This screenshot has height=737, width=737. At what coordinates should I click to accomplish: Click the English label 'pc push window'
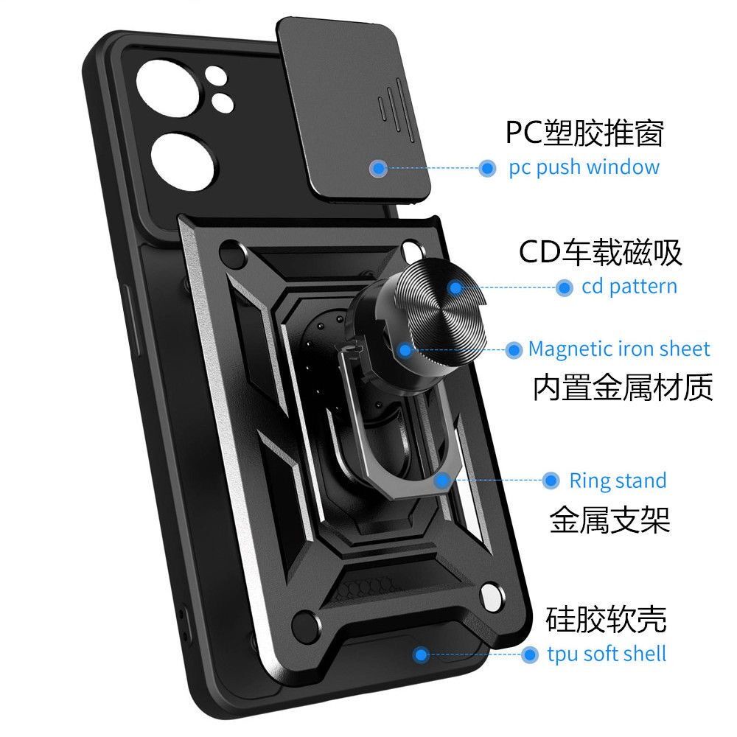tap(584, 167)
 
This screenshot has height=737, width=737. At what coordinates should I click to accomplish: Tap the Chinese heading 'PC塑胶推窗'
tap(584, 133)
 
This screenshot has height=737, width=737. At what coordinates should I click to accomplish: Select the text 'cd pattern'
tap(629, 287)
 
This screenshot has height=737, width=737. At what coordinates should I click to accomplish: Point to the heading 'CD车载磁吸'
tap(601, 252)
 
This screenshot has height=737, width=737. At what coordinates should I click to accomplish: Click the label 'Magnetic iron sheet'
tap(619, 349)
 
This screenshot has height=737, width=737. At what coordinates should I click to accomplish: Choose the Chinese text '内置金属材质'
tap(623, 388)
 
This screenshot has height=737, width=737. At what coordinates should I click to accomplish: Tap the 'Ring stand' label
tap(618, 481)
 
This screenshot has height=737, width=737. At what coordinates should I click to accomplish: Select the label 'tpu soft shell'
tap(607, 654)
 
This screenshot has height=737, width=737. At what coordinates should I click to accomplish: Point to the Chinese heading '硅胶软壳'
tap(607, 619)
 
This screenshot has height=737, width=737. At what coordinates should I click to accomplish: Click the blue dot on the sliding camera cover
tap(379, 168)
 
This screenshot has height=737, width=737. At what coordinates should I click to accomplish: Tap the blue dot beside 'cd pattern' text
tap(565, 287)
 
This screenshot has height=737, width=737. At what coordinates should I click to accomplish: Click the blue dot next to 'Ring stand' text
tap(550, 481)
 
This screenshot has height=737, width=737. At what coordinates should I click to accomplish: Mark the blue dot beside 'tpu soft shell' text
tap(529, 654)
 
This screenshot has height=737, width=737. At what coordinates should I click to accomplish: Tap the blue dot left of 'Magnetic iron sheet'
tap(514, 350)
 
